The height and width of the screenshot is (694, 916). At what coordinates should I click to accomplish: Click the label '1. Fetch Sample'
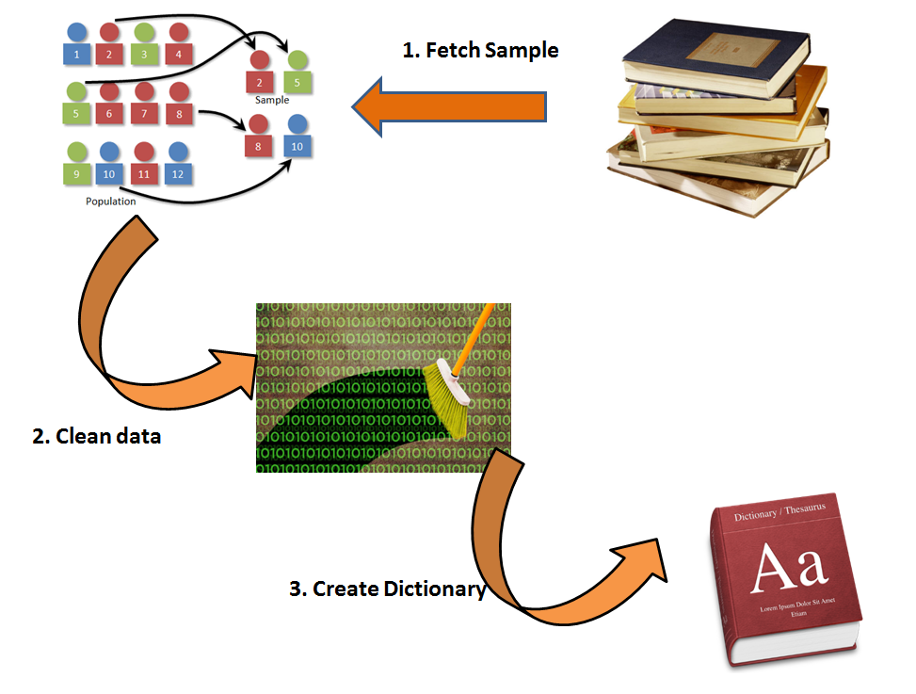tap(480, 51)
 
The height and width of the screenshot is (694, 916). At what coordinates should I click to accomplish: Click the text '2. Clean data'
tap(97, 436)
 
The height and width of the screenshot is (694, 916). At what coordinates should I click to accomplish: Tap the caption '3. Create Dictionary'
tap(387, 589)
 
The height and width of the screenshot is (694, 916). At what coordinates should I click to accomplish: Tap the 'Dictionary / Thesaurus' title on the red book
tap(779, 514)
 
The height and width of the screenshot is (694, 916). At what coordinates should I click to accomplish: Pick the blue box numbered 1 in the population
tap(76, 55)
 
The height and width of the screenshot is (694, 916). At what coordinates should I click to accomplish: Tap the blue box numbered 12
tap(178, 174)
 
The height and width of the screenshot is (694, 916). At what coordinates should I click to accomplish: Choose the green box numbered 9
tap(76, 174)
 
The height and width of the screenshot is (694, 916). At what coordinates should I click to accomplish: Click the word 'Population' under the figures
tap(110, 201)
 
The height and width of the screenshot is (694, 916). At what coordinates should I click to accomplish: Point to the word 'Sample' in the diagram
tap(272, 100)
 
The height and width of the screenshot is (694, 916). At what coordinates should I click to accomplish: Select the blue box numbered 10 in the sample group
tap(297, 147)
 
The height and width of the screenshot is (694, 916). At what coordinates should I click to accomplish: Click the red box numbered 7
tap(144, 115)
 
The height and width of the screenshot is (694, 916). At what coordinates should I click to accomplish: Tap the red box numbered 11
tap(144, 174)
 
